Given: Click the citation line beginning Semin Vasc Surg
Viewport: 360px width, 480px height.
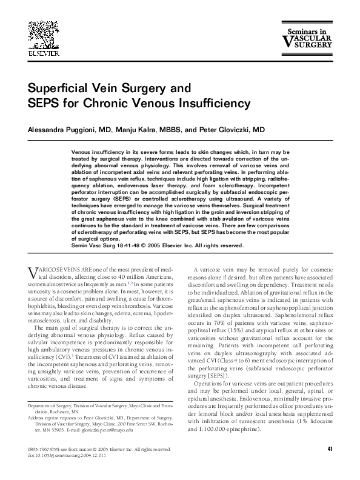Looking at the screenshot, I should click(x=158, y=262).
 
